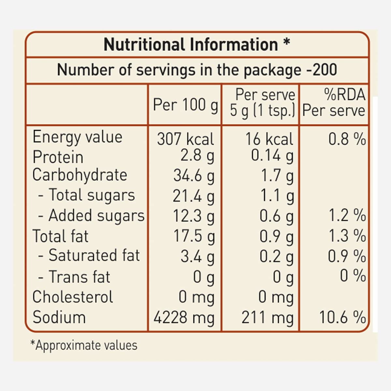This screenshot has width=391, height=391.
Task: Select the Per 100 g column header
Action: point(185,105)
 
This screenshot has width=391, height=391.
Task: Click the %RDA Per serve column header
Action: point(334,103)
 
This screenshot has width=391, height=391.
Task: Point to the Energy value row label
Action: point(78,137)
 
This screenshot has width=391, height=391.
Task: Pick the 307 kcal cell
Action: point(185,139)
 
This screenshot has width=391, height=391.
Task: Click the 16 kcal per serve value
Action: point(269,139)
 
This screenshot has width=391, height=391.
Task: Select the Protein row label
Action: point(58,157)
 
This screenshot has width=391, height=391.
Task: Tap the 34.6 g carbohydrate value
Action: point(194,176)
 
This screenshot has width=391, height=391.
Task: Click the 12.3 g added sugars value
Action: point(194,216)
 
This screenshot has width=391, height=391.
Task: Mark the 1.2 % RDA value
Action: point(347,216)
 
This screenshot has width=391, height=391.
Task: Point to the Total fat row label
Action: point(61,236)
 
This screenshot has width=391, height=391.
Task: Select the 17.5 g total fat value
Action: point(194,236)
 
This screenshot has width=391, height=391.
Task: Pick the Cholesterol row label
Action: point(73,297)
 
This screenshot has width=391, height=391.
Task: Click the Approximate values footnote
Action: point(84,345)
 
